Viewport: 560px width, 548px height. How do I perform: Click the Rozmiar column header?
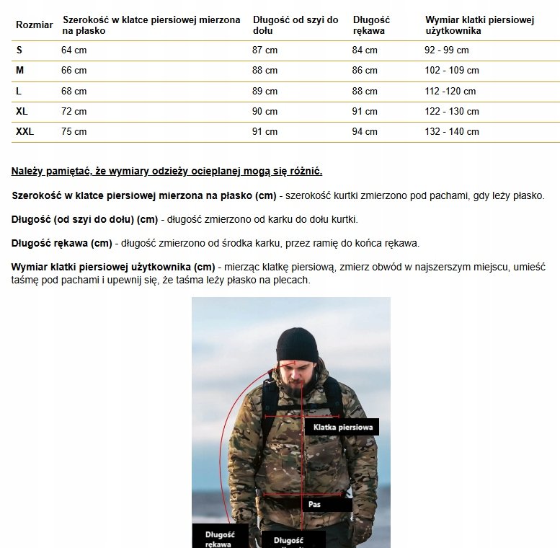(34, 25)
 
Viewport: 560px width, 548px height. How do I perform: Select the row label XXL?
(25, 131)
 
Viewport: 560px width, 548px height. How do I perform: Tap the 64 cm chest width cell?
(74, 50)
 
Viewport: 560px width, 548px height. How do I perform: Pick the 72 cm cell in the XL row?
(74, 112)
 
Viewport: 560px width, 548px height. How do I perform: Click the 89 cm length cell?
(265, 92)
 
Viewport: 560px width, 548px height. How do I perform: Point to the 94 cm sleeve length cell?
(365, 132)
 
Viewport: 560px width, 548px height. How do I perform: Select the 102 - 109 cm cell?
(452, 71)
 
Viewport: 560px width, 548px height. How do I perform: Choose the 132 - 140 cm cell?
(452, 132)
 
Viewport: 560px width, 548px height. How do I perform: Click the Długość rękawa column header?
(371, 25)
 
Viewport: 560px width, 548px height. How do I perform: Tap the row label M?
(19, 71)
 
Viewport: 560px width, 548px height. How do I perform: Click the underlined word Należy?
(27, 171)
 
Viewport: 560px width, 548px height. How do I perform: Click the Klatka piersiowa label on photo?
(342, 428)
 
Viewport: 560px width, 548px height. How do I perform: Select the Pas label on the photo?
(314, 505)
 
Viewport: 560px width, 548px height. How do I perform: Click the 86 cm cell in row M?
(365, 71)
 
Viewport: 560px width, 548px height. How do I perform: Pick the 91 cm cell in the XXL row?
(265, 132)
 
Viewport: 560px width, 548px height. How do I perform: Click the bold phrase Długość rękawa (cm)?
(61, 243)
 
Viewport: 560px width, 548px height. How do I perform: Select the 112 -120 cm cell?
(450, 92)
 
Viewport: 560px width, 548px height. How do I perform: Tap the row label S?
(19, 50)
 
